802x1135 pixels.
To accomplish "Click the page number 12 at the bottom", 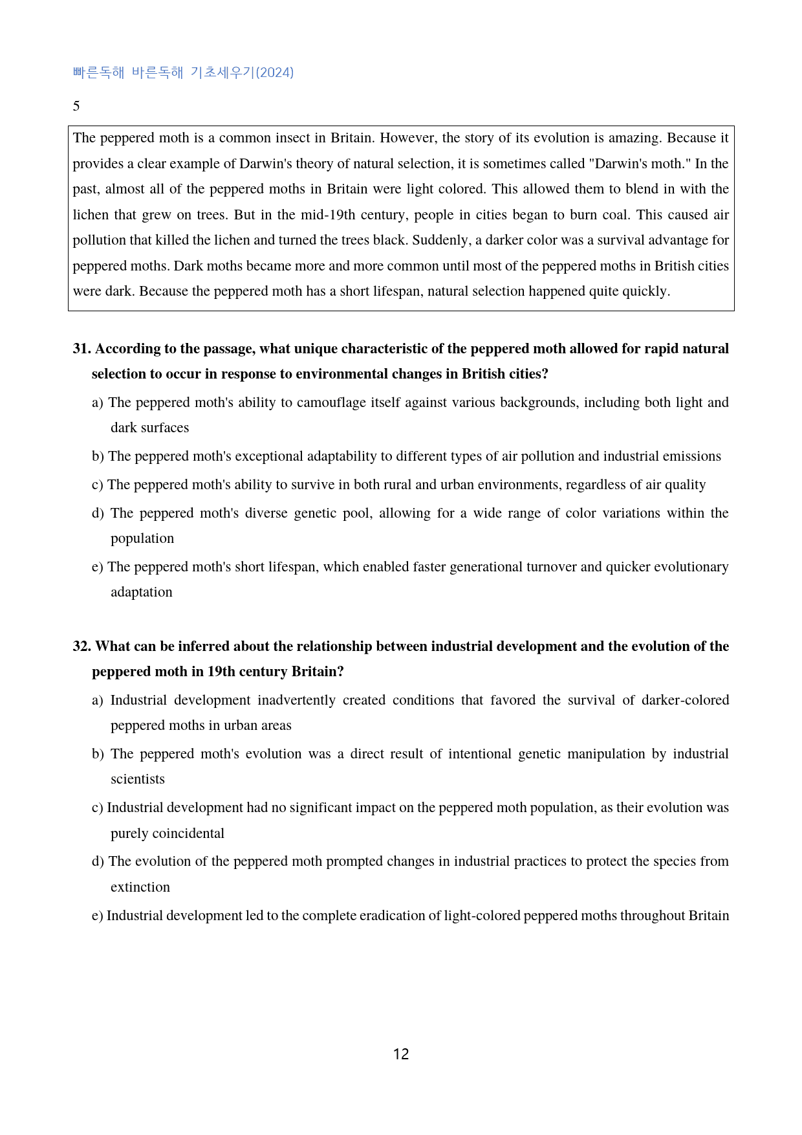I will [401, 1054].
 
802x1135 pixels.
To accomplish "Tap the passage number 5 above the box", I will [76, 106].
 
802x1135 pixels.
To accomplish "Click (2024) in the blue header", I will [275, 72].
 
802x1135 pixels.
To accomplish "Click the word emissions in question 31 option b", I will [691, 456].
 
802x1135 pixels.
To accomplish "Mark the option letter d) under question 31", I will [98, 513].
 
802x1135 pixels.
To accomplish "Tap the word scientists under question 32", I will [138, 779].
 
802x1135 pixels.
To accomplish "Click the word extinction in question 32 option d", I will [140, 887].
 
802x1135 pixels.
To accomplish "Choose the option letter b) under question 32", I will [98, 754].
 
